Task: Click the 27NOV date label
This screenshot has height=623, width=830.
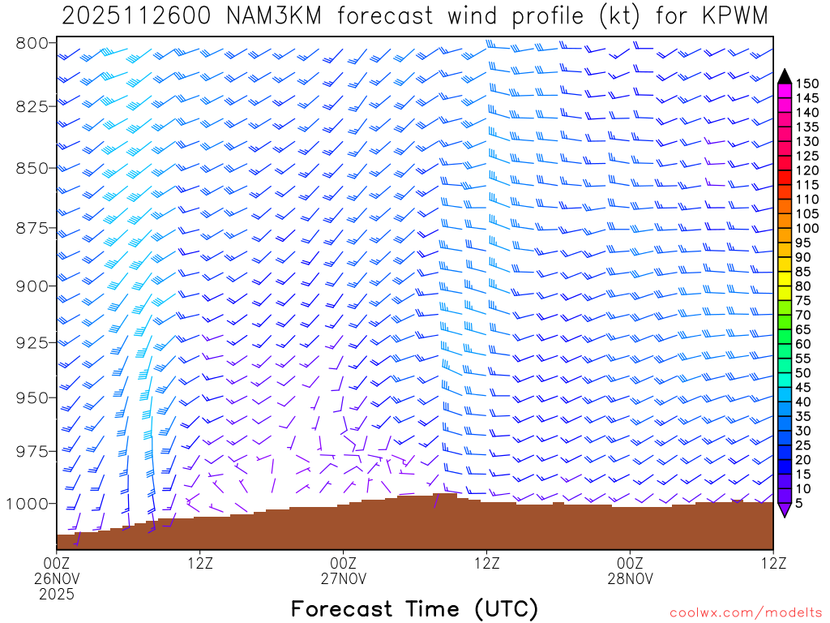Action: point(344,578)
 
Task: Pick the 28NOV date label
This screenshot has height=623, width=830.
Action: point(630,578)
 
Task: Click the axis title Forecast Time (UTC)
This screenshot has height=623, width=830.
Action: point(414,608)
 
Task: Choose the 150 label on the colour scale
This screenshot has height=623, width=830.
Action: point(807,83)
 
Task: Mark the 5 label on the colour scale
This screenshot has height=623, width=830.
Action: point(800,504)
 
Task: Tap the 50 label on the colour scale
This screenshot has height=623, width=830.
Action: point(803,372)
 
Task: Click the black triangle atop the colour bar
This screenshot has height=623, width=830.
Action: point(784,76)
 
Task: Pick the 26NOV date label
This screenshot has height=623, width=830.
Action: point(57,578)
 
